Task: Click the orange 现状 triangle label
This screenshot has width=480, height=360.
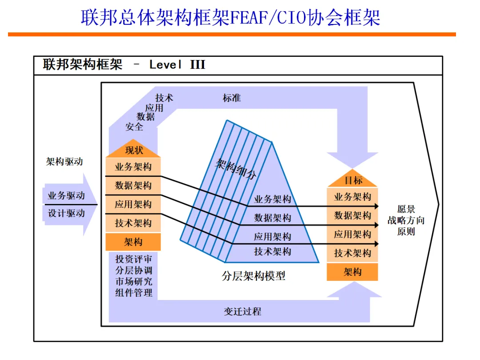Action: pos(134,151)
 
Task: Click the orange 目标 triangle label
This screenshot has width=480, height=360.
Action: pos(353,180)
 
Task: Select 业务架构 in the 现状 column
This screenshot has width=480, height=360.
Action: pos(133,167)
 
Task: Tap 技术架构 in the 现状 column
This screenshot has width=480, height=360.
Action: pos(133,223)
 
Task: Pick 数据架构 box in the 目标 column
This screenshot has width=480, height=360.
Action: pos(352,216)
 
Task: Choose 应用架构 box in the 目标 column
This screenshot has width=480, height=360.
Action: pos(352,234)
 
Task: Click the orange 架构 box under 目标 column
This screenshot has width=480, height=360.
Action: pos(352,272)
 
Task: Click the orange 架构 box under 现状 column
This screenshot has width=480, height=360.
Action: pos(133,242)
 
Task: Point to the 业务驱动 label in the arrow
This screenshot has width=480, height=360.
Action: pos(66,196)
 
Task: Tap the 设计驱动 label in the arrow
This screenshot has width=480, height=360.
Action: pos(66,213)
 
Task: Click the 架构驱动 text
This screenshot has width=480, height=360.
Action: pos(64,162)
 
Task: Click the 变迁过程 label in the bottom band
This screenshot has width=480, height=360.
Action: pos(242,311)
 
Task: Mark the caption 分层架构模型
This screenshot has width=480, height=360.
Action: pos(253,276)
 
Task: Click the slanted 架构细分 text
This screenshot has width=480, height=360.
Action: pos(236,169)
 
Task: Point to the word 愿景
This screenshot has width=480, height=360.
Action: pos(406,209)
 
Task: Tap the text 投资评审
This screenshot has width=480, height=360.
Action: pos(134,259)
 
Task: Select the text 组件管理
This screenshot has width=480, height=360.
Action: pos(134,292)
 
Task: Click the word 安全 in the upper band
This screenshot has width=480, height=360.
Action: pos(134,127)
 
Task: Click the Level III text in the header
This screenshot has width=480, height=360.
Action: pos(177,65)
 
